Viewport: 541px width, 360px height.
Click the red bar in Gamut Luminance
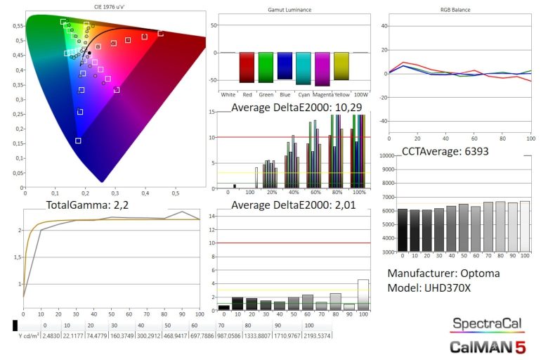[247, 67]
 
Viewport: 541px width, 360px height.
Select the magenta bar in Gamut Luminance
[322, 69]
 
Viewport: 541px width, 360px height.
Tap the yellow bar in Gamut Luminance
[341, 66]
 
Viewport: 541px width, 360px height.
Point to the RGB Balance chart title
[457, 10]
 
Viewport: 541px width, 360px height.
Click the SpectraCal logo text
[487, 325]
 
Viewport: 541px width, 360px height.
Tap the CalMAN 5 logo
[487, 346]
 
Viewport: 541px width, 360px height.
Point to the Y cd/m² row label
[29, 335]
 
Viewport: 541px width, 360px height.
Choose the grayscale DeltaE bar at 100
[363, 295]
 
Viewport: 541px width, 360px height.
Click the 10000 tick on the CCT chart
[386, 155]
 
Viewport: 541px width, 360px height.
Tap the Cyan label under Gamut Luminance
[304, 94]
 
